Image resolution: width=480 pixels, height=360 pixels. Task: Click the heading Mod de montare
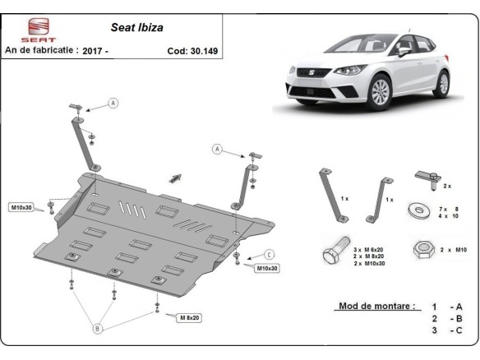point(372,307)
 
